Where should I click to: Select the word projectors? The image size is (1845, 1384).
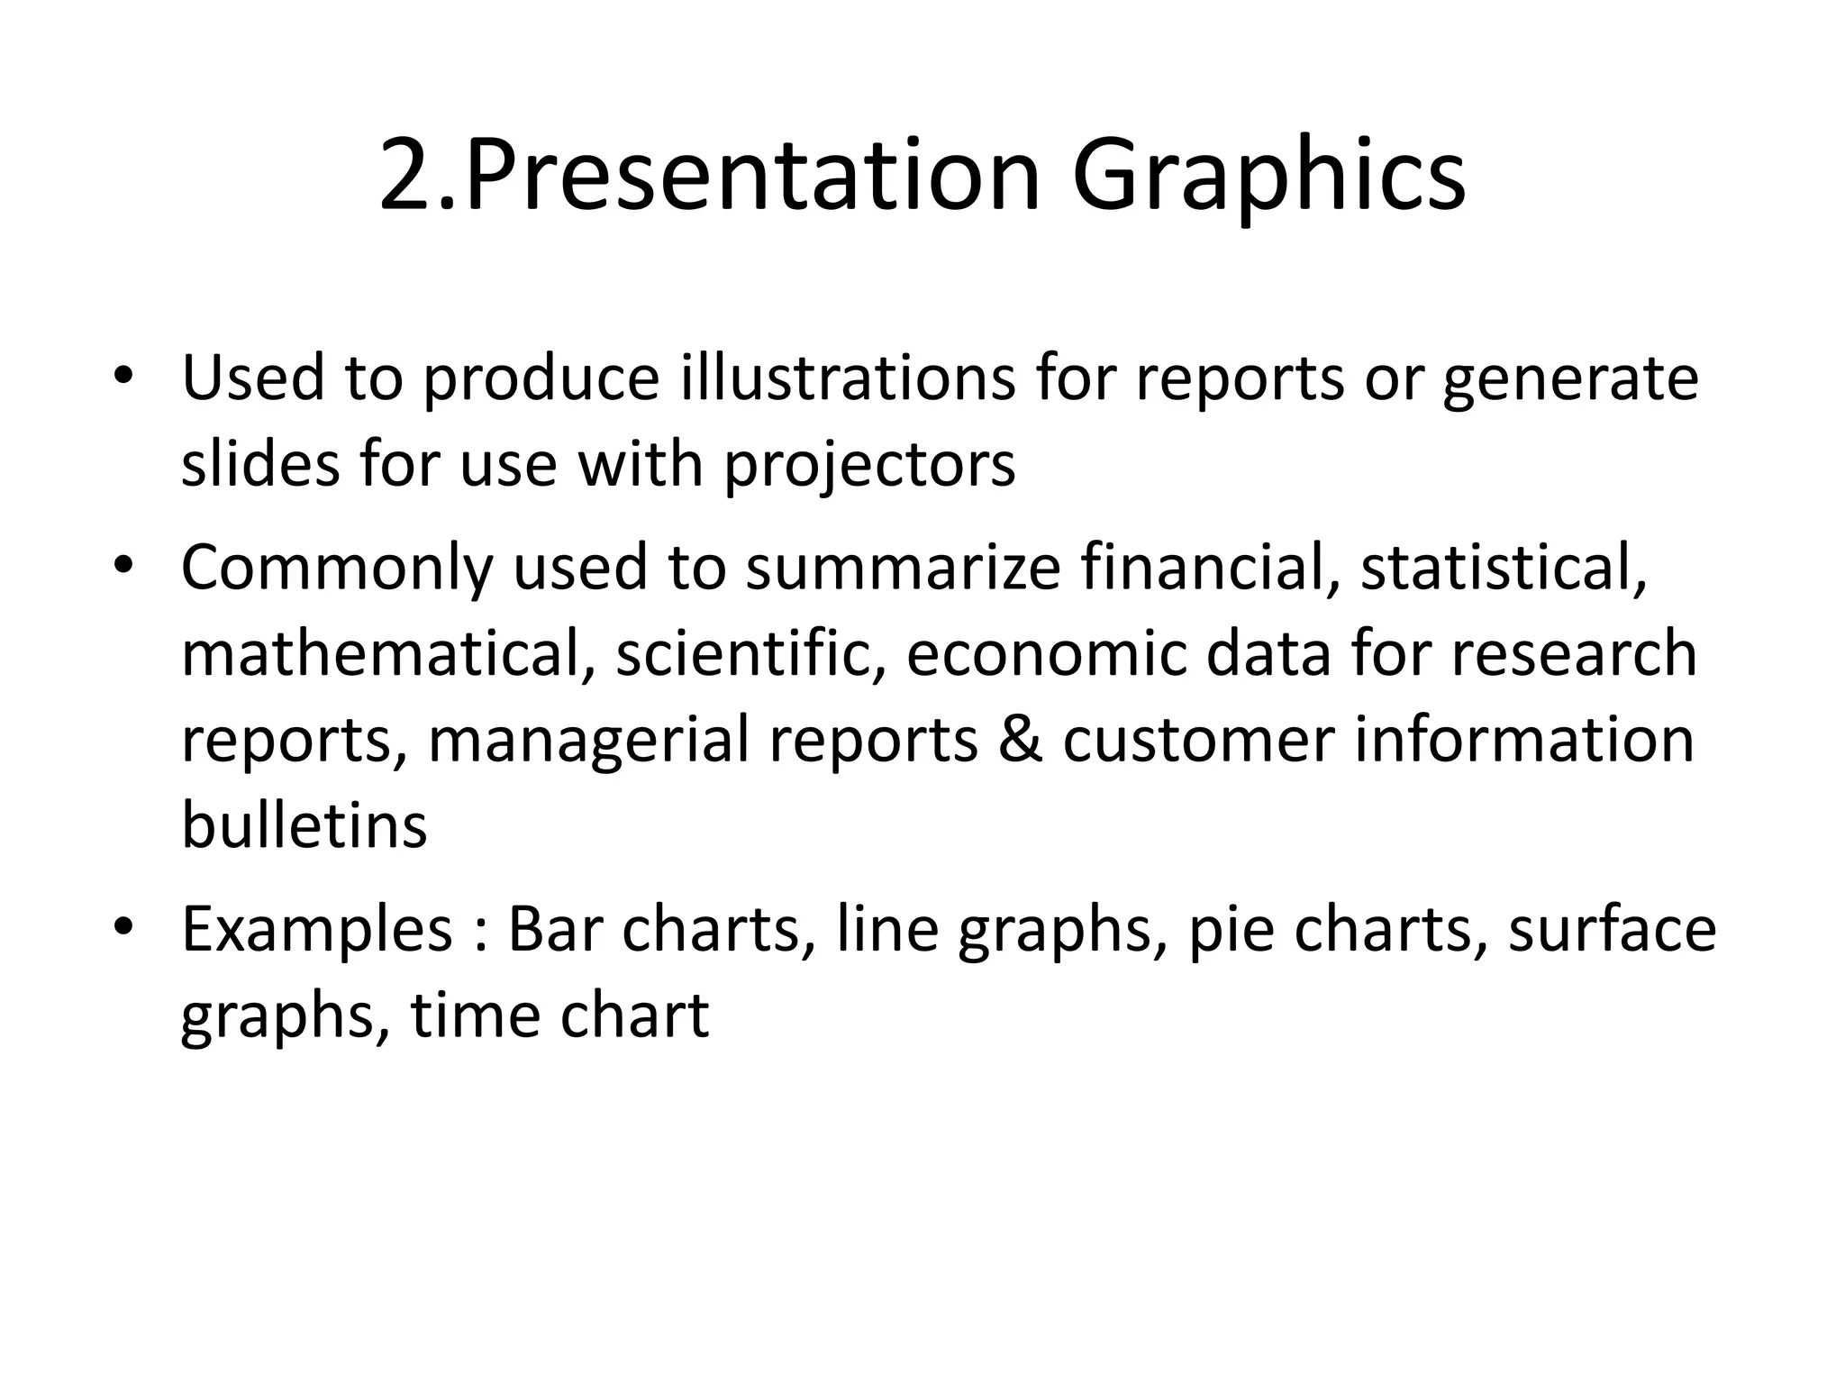tap(870, 465)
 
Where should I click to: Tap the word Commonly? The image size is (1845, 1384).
tap(337, 568)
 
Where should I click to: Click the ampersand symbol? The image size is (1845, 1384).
tap(1020, 740)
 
